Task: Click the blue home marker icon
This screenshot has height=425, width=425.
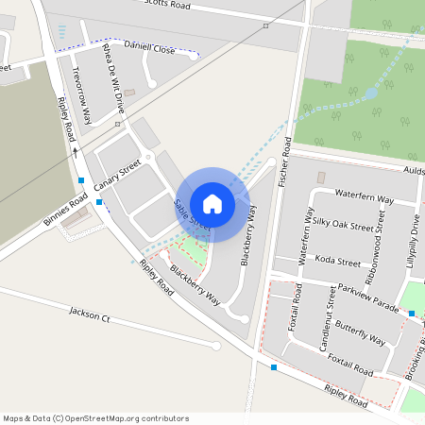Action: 212,203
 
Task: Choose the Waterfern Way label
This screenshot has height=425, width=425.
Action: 364,199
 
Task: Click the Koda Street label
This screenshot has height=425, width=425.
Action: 338,261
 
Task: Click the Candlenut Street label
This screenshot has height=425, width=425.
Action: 328,321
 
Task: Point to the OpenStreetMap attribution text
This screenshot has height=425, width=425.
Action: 95,418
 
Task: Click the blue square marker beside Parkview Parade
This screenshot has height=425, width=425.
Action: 412,313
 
